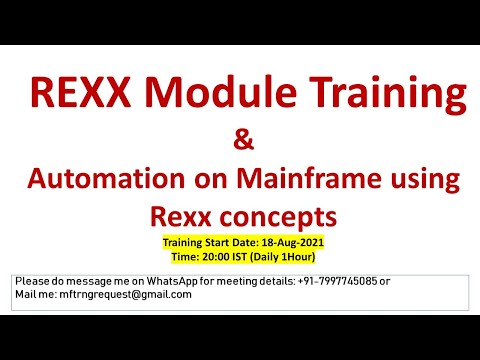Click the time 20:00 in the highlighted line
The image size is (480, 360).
pos(222,256)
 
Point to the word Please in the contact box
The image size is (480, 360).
pos(32,281)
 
